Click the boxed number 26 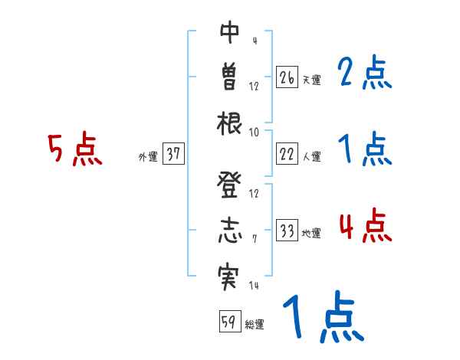click(287, 77)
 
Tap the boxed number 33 click(287, 231)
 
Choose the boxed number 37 click(173, 155)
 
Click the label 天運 click(311, 80)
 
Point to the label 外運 click(148, 157)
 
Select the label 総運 click(254, 324)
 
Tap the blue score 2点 click(365, 74)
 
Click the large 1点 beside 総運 click(322, 318)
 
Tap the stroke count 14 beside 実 click(254, 286)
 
